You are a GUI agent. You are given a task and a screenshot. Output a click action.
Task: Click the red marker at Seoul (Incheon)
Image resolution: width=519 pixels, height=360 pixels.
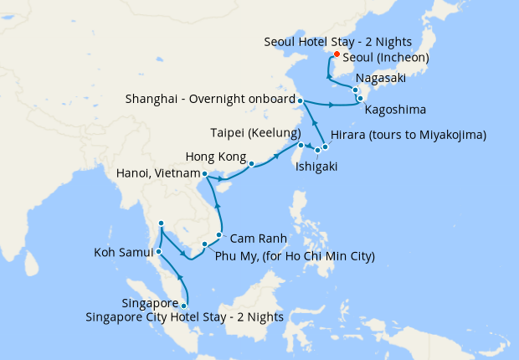point(336,55)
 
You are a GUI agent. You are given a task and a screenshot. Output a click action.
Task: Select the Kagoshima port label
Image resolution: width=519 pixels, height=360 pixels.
point(396,110)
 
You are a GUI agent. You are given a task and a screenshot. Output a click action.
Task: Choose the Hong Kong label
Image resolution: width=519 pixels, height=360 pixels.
point(215,157)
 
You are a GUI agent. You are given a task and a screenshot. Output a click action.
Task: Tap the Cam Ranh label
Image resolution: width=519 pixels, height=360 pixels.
point(254,239)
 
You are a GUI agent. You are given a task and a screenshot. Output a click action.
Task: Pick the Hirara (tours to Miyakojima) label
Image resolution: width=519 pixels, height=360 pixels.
point(409,135)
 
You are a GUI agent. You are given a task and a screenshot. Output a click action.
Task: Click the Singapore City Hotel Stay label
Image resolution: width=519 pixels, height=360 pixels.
point(183,316)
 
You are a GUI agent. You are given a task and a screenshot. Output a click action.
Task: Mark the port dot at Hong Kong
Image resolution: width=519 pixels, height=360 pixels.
point(251,164)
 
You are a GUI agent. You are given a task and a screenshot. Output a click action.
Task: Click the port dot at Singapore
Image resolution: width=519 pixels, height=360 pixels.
point(184,306)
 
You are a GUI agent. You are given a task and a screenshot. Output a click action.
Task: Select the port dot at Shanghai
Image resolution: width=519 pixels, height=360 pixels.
point(300,100)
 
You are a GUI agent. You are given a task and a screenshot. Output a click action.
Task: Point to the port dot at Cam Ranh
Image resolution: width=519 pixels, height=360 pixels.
point(219,235)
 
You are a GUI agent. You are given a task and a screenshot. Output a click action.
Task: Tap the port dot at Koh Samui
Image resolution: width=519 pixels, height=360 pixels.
point(159,251)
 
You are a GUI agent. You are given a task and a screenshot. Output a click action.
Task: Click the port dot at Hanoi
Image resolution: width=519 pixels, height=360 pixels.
point(204,174)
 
